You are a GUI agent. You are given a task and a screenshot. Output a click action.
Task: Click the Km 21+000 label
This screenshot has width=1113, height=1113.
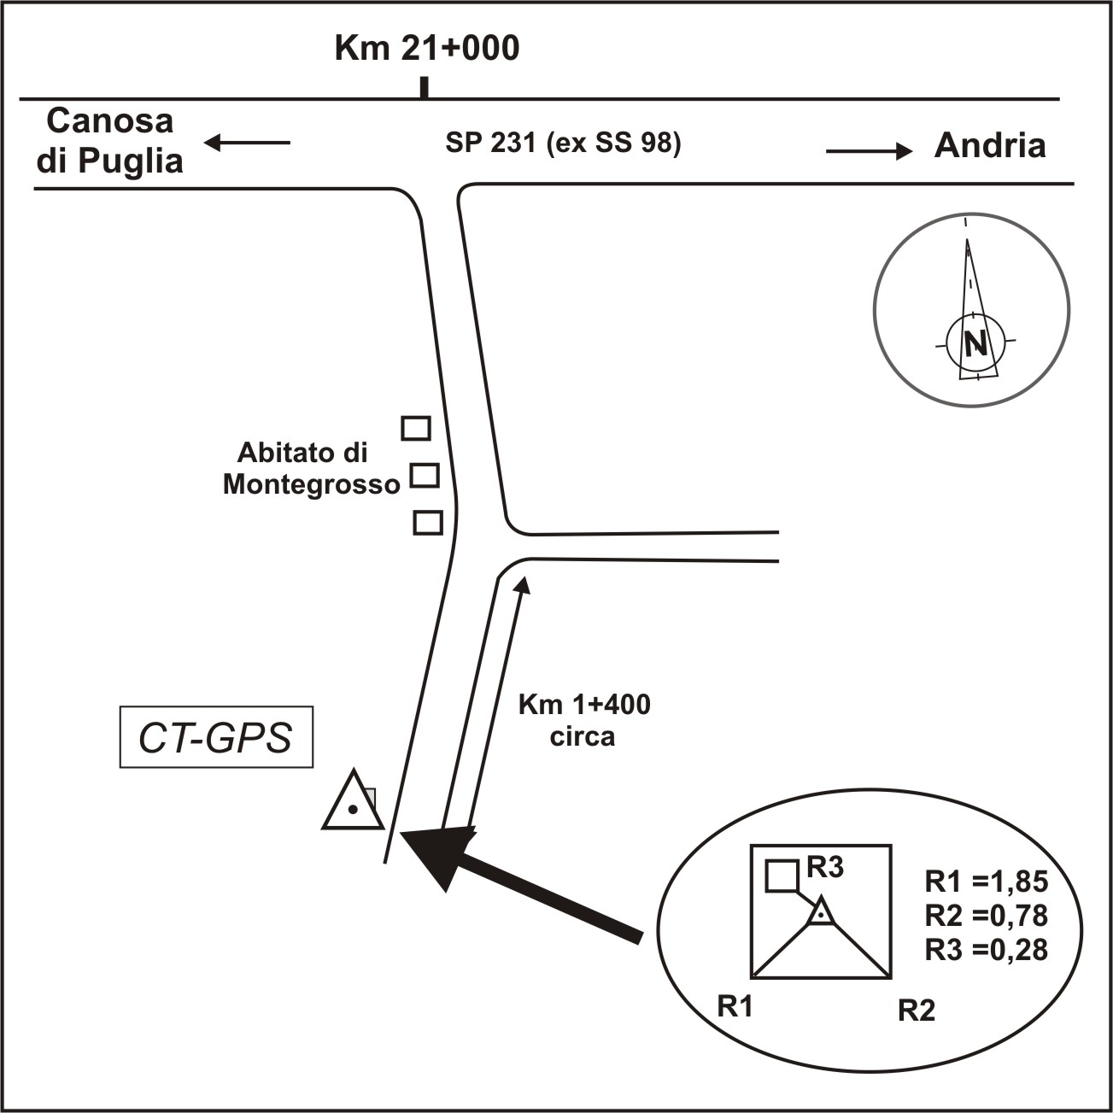[426, 49]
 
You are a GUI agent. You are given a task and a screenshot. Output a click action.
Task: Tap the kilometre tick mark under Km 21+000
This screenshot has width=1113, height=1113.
[424, 88]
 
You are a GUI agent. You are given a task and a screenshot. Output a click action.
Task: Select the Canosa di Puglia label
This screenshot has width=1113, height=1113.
[110, 141]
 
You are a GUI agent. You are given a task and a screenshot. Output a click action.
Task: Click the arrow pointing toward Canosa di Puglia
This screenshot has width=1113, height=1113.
[247, 143]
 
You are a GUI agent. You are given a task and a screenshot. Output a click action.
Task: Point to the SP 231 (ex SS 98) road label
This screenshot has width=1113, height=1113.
[563, 144]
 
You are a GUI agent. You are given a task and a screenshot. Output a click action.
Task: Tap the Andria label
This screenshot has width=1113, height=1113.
[989, 146]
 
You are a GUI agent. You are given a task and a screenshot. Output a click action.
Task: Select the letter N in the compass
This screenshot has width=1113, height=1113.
[975, 343]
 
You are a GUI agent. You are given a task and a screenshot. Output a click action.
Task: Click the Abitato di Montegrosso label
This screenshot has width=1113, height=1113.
[311, 468]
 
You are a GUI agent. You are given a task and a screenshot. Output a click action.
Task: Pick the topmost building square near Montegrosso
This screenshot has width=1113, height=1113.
[416, 427]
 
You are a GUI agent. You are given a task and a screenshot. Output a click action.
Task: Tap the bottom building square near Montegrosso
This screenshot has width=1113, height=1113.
[428, 522]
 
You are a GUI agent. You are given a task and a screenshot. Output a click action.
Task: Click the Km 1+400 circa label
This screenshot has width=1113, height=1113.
[584, 720]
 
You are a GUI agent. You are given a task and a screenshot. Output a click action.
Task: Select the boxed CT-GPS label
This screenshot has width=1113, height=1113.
[216, 736]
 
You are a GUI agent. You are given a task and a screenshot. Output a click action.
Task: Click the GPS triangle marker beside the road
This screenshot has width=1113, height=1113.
[352, 804]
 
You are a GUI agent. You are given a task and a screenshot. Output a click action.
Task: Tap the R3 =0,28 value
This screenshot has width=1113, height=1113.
[986, 949]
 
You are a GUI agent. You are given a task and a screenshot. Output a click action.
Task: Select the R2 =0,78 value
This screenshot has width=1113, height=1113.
[986, 916]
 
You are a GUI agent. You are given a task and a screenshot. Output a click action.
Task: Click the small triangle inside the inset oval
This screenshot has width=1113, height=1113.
[820, 913]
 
